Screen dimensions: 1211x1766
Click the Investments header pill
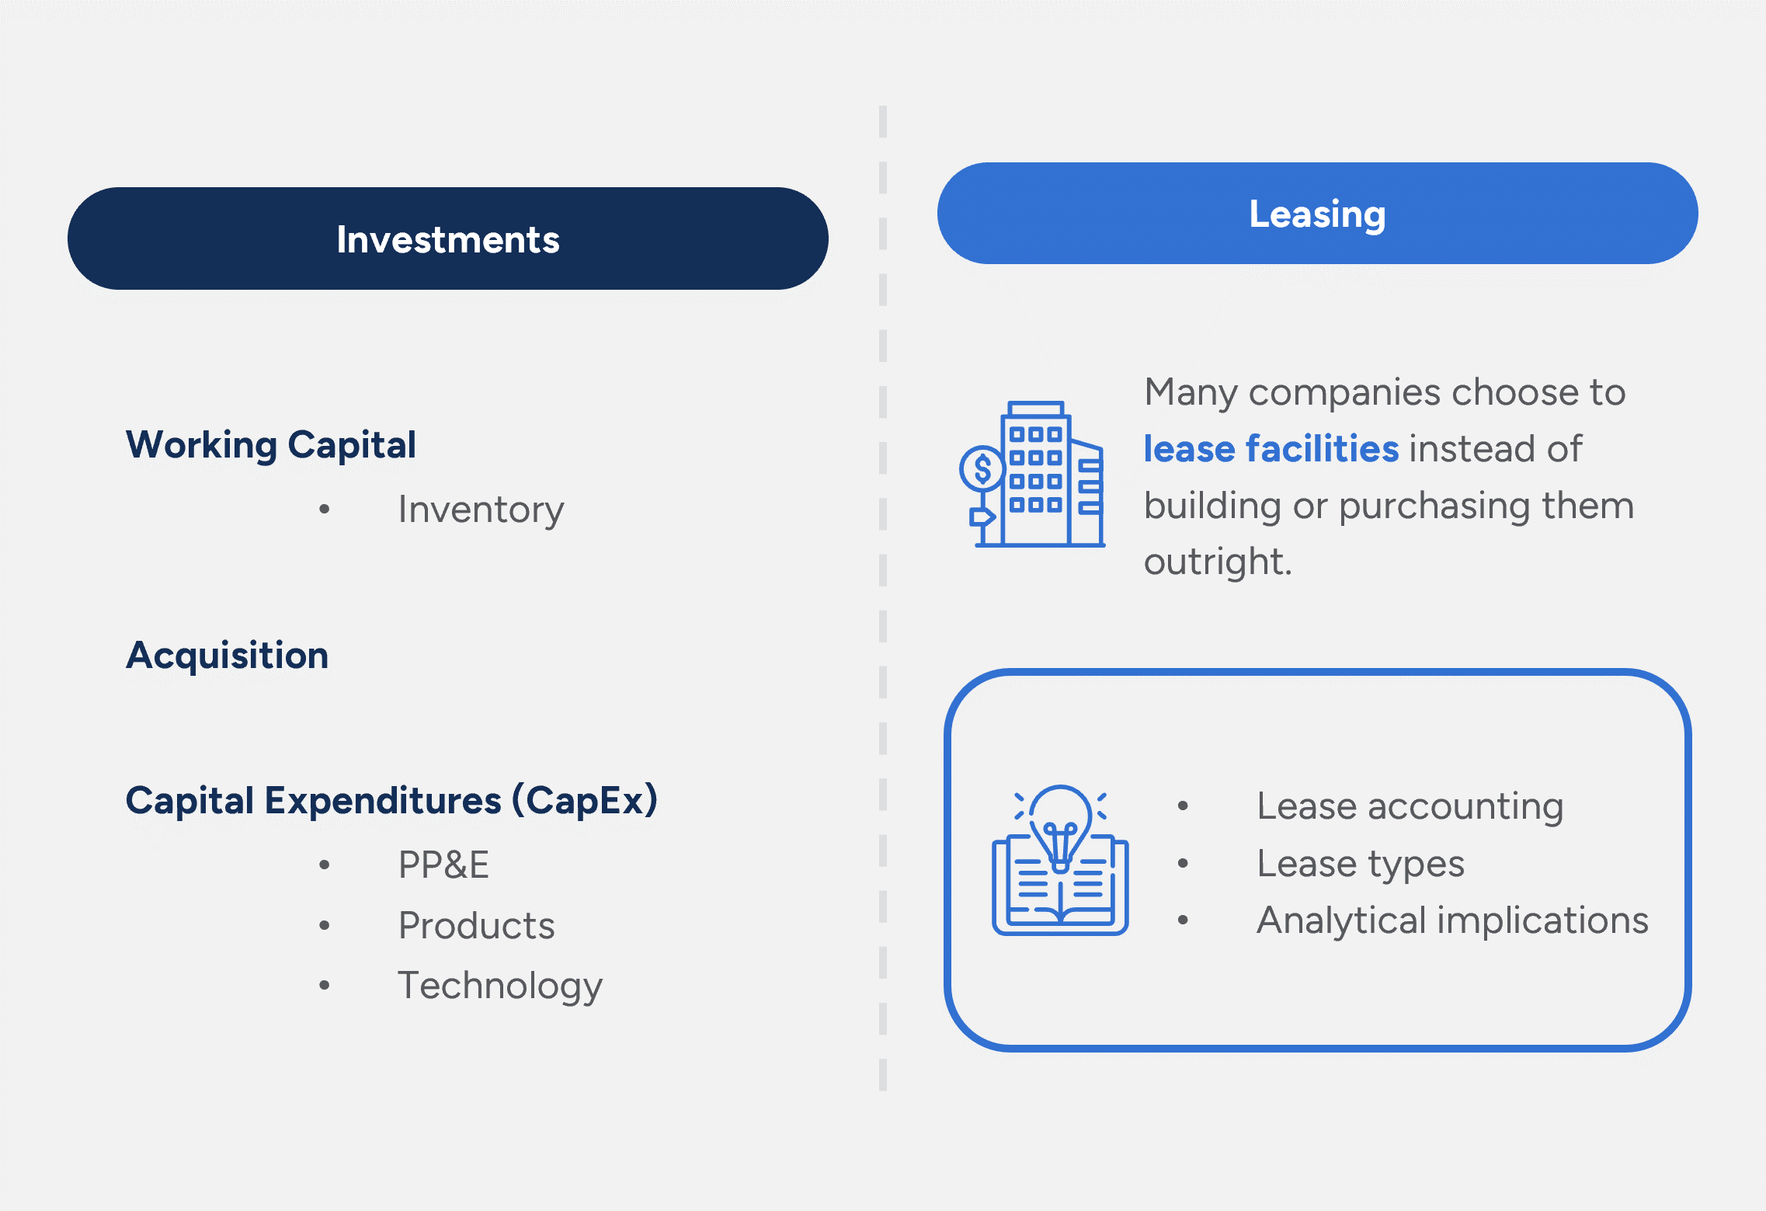pyautogui.click(x=447, y=238)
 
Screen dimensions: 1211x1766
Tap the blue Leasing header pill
pyautogui.click(x=1317, y=214)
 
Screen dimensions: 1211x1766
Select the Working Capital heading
pyautogui.click(x=271, y=445)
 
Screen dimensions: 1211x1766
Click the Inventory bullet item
pyautogui.click(x=481, y=510)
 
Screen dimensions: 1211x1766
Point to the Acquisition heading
pyautogui.click(x=228, y=655)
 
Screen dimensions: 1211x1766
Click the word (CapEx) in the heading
pyautogui.click(x=585, y=800)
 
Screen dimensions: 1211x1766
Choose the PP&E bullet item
pyautogui.click(x=443, y=865)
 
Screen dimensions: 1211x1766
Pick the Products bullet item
pyautogui.click(x=476, y=925)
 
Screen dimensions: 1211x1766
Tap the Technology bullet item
pyautogui.click(x=500, y=986)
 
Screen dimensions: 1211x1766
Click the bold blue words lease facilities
pyautogui.click(x=1271, y=449)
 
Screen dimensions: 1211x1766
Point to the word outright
pyautogui.click(x=1216, y=562)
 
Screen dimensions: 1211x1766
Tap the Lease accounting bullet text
pyautogui.click(x=1410, y=806)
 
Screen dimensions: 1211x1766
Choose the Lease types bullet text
pyautogui.click(x=1361, y=864)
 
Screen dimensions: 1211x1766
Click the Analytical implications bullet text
pyautogui.click(x=1452, y=920)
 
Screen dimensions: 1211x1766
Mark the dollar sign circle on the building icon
pyautogui.click(x=983, y=468)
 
